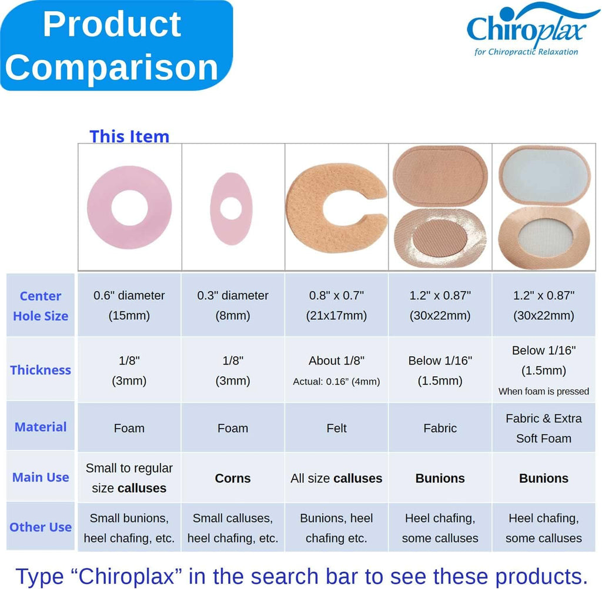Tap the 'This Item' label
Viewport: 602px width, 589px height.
tap(129, 136)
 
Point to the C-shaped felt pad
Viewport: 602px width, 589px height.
tap(303, 208)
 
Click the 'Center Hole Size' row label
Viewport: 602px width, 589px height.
tap(41, 306)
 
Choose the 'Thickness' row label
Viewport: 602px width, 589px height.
tap(41, 370)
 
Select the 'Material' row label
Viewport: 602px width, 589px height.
tap(41, 427)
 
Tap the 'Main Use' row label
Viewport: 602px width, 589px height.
tap(41, 477)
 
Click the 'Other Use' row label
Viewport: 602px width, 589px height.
tap(41, 527)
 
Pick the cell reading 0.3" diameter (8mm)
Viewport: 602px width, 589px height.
tap(233, 305)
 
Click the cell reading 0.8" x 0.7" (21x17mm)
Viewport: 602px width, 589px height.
tap(336, 305)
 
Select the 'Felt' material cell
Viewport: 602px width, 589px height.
tap(336, 428)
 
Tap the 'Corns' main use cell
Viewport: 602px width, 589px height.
tap(233, 478)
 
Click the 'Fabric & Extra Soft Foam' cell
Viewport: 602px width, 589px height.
tap(544, 428)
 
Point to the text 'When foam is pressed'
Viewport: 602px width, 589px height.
tap(544, 391)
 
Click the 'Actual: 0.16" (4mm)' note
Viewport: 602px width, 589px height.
tap(336, 381)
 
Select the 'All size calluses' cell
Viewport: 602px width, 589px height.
tap(336, 478)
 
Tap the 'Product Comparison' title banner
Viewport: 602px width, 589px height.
tap(116, 45)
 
